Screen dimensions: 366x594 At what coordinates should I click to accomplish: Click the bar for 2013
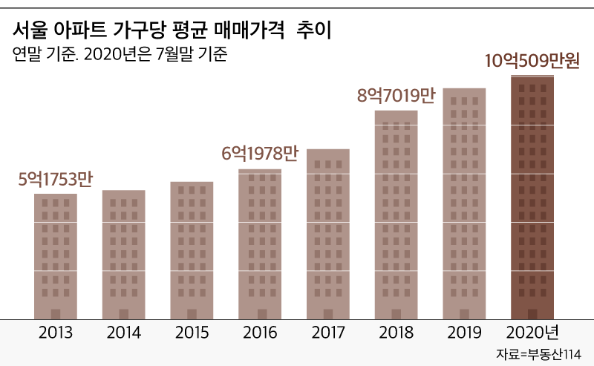click(56, 256)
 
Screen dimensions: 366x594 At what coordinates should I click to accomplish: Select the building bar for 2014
click(124, 255)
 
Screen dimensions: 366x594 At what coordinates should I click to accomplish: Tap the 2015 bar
click(192, 250)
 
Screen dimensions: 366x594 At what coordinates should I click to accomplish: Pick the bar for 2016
click(260, 244)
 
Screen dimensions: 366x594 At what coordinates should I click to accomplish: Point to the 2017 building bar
click(328, 234)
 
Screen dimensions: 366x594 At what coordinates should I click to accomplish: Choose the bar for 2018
click(396, 215)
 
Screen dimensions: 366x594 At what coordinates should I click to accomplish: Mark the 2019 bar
click(464, 203)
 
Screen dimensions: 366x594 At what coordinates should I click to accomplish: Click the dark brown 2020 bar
click(532, 197)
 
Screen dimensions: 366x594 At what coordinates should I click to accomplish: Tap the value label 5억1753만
click(55, 180)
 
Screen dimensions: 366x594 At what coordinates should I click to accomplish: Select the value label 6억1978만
click(260, 154)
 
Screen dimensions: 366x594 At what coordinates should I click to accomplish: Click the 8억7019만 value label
click(396, 95)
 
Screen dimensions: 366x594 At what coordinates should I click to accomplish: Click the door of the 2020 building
click(532, 313)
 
